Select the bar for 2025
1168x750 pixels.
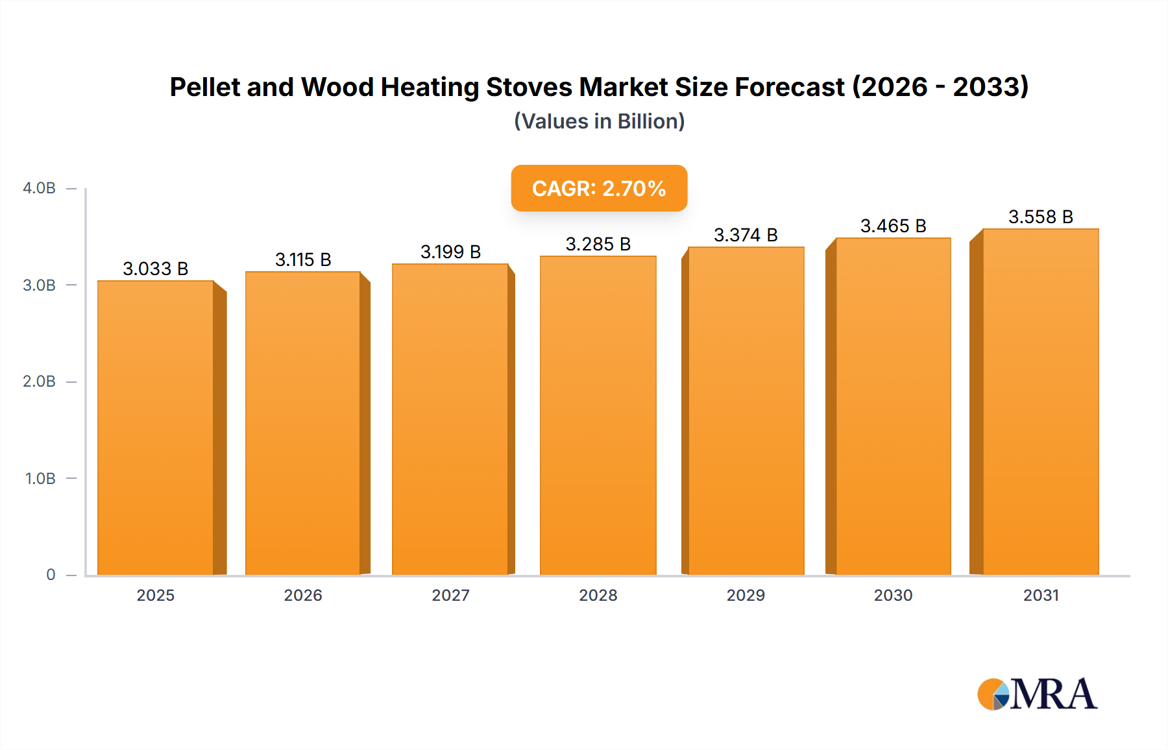pos(156,428)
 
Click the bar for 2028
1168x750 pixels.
pos(598,415)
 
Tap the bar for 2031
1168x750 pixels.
pos(1040,402)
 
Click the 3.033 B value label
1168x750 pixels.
pos(156,269)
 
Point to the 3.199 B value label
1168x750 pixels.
pos(450,252)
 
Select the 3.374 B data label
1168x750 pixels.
pos(746,235)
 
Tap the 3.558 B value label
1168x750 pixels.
pos(1040,217)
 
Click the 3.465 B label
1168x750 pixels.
pos(893,226)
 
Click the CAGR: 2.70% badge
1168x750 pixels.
pos(599,188)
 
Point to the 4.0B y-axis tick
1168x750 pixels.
pos(39,188)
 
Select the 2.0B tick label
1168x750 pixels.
pos(39,381)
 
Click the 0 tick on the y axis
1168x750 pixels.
pos(51,575)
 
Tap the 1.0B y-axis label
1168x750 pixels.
pos(40,479)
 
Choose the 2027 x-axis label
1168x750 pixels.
pos(450,595)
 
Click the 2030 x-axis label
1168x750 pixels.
pos(893,595)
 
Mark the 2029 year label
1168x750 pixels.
pos(746,595)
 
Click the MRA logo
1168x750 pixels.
pos(1037,694)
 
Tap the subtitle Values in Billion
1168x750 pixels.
pos(599,121)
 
